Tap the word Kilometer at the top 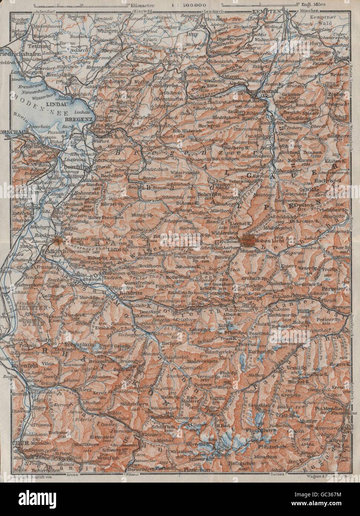[x=144, y=6]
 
